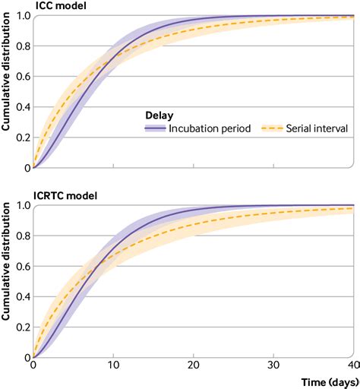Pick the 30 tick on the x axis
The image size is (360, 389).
pos(273,365)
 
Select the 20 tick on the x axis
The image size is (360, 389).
pos(194,365)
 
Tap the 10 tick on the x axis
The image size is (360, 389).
pos(113,365)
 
